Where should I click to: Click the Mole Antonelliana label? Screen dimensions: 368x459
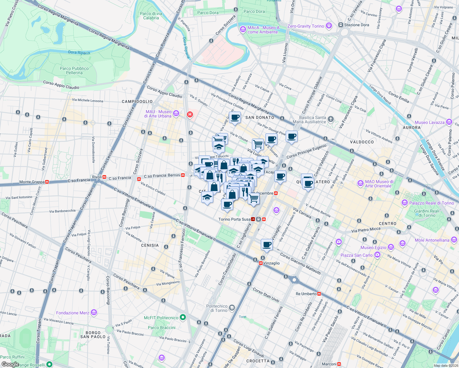432,240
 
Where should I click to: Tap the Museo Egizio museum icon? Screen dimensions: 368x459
391,247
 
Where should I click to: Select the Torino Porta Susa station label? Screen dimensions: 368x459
234,219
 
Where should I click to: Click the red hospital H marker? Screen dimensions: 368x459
190,115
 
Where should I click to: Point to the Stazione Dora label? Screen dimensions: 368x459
357,25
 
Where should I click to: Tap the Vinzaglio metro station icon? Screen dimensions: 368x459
260,263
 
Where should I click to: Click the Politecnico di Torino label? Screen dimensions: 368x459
217,308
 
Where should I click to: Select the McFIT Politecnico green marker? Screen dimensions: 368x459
183,317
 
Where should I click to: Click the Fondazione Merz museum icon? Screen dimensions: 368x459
94,312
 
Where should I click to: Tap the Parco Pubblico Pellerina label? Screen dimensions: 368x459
74,71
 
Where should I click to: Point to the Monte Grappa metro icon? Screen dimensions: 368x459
47,182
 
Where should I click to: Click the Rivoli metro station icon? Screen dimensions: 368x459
105,177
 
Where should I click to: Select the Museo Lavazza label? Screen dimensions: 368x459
430,122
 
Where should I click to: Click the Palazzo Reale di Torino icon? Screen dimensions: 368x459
405,203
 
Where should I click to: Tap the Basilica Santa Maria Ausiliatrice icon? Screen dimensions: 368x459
330,119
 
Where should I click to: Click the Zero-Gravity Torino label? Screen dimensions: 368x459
306,26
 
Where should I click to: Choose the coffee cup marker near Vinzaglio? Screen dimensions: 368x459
267,245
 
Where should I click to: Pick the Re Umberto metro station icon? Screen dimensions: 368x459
319,294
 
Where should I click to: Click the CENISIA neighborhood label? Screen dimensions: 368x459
150,245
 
